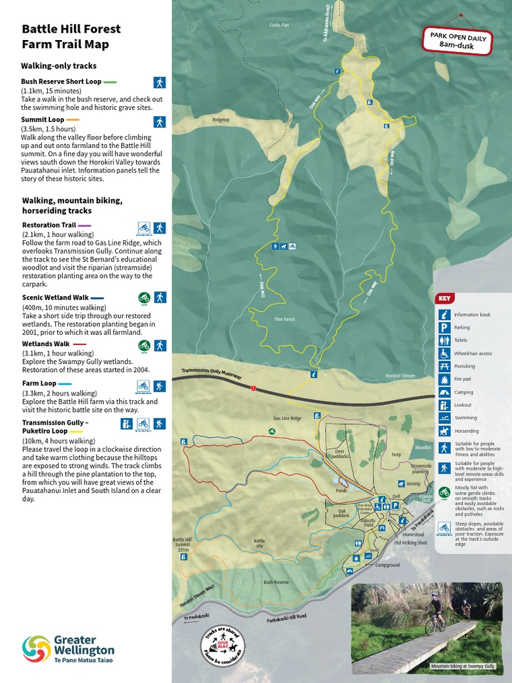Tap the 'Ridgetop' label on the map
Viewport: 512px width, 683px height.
tap(221, 120)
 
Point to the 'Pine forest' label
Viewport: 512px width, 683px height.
tap(285, 319)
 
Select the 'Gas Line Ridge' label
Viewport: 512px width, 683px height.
tap(287, 418)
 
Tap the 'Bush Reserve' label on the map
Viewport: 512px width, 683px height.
tap(276, 582)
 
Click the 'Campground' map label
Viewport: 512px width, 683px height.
tap(387, 565)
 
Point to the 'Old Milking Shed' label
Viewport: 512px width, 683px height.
tap(410, 543)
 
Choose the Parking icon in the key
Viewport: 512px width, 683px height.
tap(443, 327)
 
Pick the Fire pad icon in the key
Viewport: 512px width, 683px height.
tap(443, 379)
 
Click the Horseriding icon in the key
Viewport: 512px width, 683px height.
tap(443, 431)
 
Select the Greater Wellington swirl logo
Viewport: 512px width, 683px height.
tap(37, 649)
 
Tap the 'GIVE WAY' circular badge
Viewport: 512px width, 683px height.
tap(223, 647)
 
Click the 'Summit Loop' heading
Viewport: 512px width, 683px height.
tap(41, 119)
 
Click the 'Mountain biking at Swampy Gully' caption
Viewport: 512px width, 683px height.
tap(463, 666)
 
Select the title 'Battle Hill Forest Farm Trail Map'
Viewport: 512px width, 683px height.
tap(71, 37)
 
